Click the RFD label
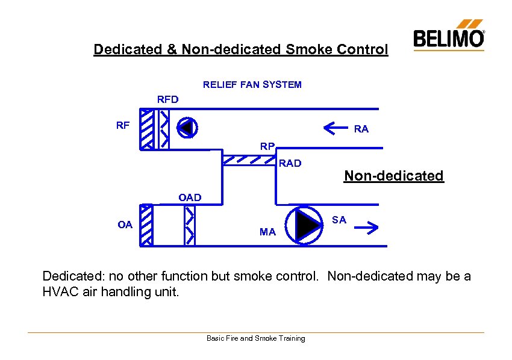point(167,99)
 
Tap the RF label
point(123,125)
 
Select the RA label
point(361,129)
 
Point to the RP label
point(267,146)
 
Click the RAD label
point(290,163)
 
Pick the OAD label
point(190,197)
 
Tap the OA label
point(125,225)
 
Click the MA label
point(267,232)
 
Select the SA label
point(339,220)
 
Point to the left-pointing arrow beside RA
point(336,127)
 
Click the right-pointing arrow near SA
point(366,228)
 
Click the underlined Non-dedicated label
point(393,176)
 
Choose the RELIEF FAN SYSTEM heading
point(252,85)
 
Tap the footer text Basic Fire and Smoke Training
point(255,338)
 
